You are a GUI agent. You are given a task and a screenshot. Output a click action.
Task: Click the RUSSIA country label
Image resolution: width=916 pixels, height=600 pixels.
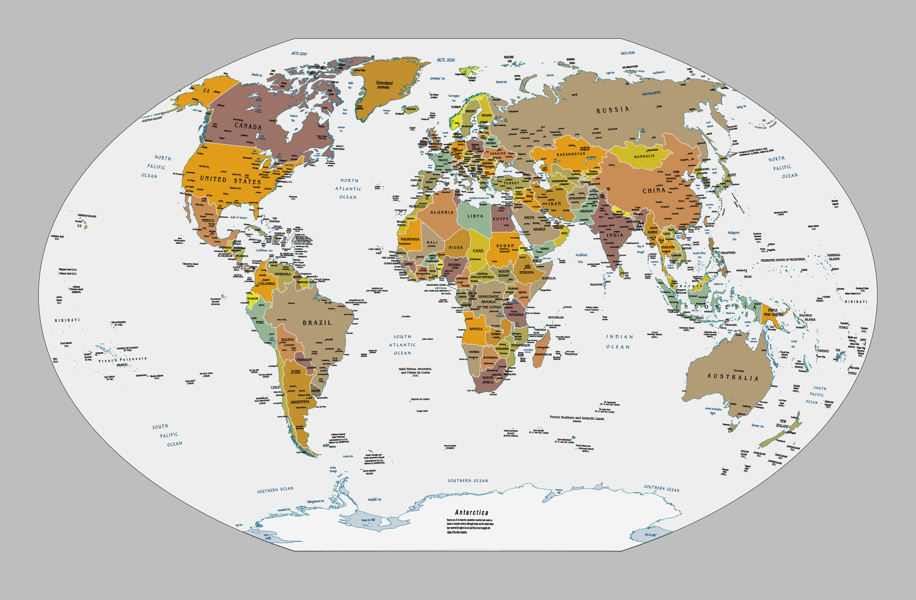pyautogui.click(x=613, y=110)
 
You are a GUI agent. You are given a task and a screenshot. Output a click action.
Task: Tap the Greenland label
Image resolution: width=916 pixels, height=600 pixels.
pyautogui.click(x=384, y=84)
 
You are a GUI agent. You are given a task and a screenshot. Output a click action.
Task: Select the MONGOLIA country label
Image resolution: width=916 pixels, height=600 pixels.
pyautogui.click(x=644, y=156)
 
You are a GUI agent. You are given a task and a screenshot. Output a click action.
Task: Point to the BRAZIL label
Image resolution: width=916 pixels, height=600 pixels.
pyautogui.click(x=317, y=323)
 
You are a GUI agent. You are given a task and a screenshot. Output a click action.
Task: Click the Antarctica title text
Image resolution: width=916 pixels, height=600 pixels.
pyautogui.click(x=471, y=512)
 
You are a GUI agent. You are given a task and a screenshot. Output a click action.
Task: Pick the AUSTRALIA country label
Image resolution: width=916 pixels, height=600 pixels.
pyautogui.click(x=732, y=377)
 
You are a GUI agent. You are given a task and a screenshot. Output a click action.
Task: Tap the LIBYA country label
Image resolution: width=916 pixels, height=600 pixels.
pyautogui.click(x=475, y=216)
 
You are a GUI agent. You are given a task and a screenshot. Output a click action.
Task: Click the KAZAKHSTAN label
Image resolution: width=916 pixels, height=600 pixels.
pyautogui.click(x=571, y=154)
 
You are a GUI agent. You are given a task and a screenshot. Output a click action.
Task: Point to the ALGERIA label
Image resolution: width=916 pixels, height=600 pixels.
pyautogui.click(x=442, y=212)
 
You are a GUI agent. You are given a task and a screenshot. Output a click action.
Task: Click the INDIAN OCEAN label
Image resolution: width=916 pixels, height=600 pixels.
pyautogui.click(x=619, y=342)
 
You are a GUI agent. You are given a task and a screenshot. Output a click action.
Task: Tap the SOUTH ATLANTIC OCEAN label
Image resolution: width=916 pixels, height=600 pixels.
pyautogui.click(x=402, y=345)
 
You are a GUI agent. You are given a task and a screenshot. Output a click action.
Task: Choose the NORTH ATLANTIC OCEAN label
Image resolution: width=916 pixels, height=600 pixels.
pyautogui.click(x=348, y=189)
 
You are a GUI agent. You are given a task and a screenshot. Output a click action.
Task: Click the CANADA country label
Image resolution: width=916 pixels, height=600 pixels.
pyautogui.click(x=248, y=126)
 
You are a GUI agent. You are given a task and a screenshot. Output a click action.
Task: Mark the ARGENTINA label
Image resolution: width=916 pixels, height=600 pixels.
pyautogui.click(x=300, y=402)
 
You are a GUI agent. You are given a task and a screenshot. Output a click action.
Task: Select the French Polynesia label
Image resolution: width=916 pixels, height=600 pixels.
pyautogui.click(x=123, y=359)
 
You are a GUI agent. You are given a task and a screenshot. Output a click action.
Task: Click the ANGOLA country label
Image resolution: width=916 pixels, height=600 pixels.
pyautogui.click(x=476, y=329)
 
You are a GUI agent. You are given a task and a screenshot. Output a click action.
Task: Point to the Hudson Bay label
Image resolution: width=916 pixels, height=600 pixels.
pyautogui.click(x=293, y=117)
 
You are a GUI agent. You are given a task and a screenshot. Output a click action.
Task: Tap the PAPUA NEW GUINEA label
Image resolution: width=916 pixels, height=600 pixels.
pyautogui.click(x=773, y=312)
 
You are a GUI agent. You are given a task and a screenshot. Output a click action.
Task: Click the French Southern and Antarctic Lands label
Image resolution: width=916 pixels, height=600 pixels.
pyautogui.click(x=576, y=418)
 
